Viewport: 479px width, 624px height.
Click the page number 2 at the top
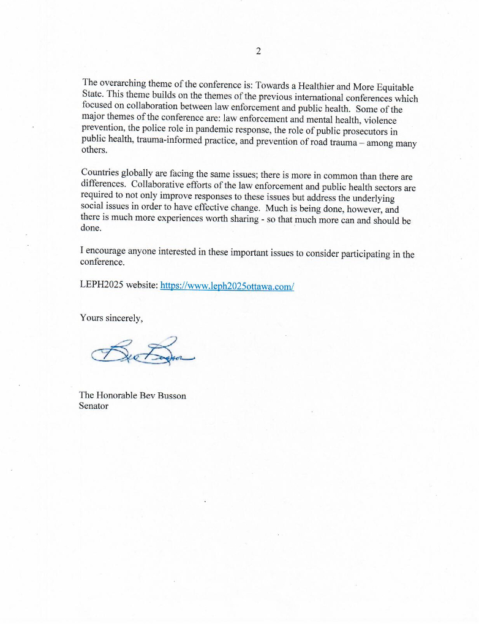[258, 51]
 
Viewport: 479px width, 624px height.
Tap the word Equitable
[394, 89]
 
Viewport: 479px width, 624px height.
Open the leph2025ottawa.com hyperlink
[227, 286]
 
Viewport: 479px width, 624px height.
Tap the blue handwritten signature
[141, 353]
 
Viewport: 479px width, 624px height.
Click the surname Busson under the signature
[172, 395]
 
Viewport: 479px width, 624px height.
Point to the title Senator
[94, 406]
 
